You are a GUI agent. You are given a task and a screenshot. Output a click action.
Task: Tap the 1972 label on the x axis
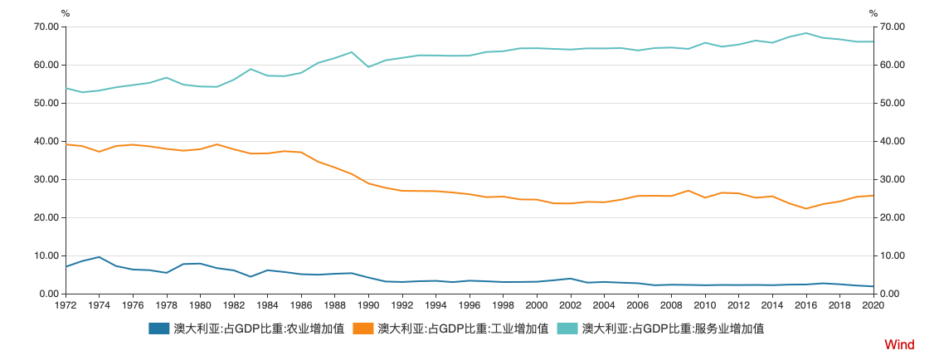click(66, 306)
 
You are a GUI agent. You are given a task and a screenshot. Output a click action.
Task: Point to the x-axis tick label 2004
click(604, 306)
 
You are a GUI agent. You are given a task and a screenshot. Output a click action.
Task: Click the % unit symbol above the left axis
click(66, 12)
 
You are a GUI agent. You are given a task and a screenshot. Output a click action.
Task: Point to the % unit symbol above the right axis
click(873, 12)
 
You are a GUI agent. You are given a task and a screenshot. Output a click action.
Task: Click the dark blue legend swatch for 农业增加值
click(159, 328)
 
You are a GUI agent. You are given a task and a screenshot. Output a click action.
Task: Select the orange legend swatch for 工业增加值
click(363, 328)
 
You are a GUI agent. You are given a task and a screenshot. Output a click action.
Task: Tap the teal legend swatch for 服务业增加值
click(567, 328)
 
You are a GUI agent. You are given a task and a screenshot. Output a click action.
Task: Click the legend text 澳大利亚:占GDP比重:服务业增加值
click(673, 328)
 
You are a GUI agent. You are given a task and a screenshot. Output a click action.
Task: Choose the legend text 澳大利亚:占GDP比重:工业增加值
click(463, 328)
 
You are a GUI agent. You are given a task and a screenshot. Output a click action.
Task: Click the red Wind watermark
click(899, 344)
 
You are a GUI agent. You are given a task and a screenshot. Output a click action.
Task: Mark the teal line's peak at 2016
click(806, 33)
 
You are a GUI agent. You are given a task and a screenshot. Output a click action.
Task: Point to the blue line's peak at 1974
click(100, 257)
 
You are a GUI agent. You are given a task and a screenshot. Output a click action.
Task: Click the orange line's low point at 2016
click(806, 208)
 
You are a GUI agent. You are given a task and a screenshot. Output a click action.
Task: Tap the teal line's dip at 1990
click(368, 66)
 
